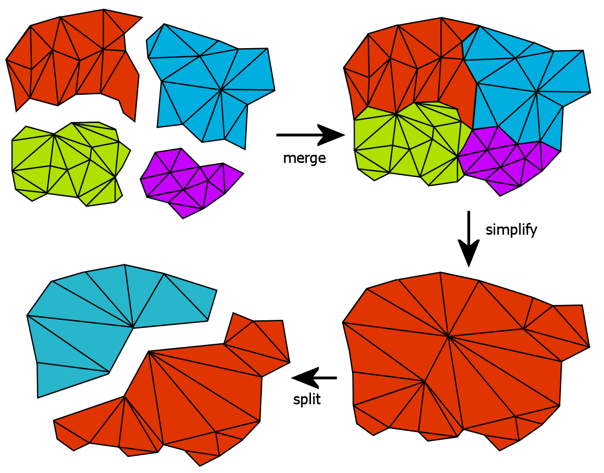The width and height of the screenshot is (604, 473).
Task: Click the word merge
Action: [x=304, y=158]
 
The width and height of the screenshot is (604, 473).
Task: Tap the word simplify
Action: [x=511, y=230]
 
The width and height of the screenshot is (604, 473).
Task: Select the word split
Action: [x=307, y=400]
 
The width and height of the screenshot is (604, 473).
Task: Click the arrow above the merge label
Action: [x=310, y=135]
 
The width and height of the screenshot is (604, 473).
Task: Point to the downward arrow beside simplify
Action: [x=469, y=239]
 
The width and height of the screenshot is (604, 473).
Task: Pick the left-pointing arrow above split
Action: [x=314, y=378]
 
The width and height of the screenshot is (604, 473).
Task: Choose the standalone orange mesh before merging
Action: [x=73, y=61]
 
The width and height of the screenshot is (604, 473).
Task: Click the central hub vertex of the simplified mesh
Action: [x=449, y=337]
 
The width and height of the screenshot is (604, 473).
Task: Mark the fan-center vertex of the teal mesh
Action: [x=133, y=327]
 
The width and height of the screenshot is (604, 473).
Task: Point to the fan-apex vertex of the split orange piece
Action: [x=149, y=351]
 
